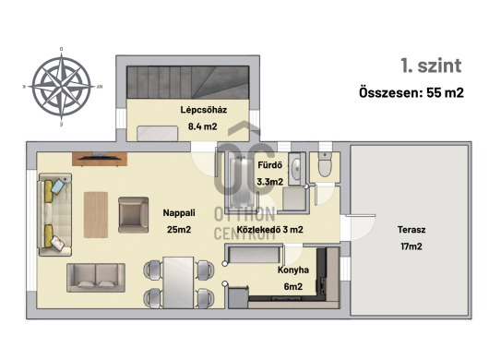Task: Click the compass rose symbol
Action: (x=62, y=87)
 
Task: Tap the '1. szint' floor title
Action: (x=431, y=66)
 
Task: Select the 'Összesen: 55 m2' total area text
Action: (x=411, y=92)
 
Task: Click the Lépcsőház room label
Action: (x=203, y=110)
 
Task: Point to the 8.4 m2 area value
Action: (x=202, y=126)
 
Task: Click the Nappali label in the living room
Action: (x=179, y=213)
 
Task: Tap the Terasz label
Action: (x=411, y=230)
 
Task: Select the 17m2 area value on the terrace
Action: (x=411, y=246)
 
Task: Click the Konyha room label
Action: (x=293, y=270)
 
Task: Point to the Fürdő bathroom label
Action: (x=269, y=165)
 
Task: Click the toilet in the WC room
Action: (x=325, y=165)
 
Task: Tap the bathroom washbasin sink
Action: (x=295, y=169)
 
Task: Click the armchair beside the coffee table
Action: (x=134, y=215)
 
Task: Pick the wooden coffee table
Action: (x=96, y=215)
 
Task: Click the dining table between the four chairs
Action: (x=179, y=282)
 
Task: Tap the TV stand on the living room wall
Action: (x=100, y=159)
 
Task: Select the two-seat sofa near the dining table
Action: (x=96, y=278)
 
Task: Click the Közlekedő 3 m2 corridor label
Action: (x=269, y=230)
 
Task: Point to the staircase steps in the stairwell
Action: (x=187, y=82)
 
